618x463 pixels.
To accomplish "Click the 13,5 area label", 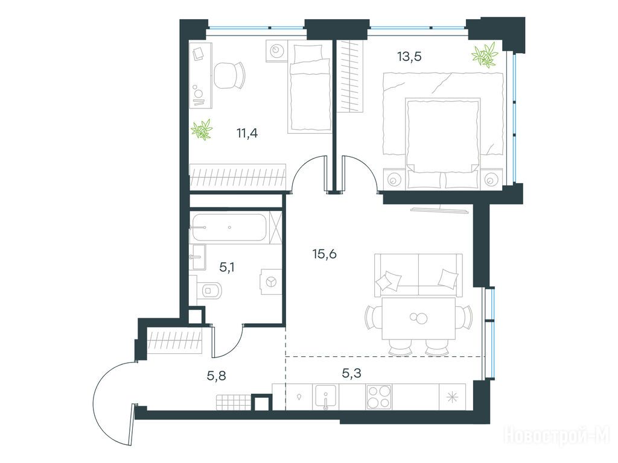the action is tap(410, 57).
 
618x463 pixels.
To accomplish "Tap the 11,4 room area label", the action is tap(247, 133).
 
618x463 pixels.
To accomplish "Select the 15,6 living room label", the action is tap(324, 254).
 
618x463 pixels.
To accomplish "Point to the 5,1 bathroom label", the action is tap(227, 268).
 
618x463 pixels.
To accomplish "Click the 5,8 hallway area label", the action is tap(217, 376).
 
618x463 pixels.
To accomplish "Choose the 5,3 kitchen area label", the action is tap(352, 373).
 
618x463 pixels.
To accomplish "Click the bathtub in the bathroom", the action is tap(229, 227).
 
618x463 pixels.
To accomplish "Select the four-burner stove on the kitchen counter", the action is tap(379, 397).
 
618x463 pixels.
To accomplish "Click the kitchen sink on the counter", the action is tap(325, 397).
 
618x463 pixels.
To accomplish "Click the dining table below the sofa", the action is tap(419, 318).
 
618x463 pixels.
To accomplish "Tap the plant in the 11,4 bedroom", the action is tap(202, 130).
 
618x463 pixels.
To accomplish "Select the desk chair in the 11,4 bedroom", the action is tap(229, 75).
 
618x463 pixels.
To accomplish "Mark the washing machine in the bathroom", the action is tap(271, 282).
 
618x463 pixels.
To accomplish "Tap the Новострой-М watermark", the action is tap(556, 435).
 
